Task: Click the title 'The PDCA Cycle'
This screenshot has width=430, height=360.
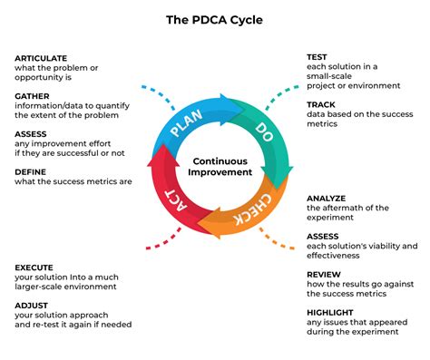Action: (x=215, y=17)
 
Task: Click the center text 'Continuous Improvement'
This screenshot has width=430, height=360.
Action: (x=215, y=166)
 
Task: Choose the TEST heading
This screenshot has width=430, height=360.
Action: (x=317, y=57)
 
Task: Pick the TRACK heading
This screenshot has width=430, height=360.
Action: (x=320, y=105)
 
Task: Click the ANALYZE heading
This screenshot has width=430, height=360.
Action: (x=326, y=198)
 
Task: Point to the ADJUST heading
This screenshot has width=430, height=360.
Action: (x=33, y=305)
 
